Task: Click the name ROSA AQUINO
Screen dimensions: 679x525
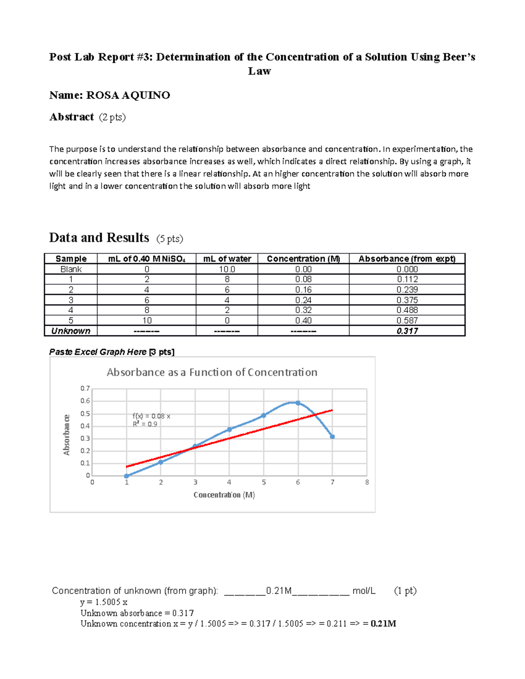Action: (x=128, y=95)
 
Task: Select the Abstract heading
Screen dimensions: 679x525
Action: (x=71, y=117)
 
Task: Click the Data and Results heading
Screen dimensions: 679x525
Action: (x=99, y=238)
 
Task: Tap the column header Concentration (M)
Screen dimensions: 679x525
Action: (x=303, y=259)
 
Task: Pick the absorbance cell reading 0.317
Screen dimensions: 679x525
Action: (x=407, y=331)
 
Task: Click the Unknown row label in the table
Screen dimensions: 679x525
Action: (x=70, y=331)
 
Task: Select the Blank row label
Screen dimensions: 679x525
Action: (x=70, y=269)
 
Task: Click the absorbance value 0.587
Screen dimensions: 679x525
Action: (x=407, y=320)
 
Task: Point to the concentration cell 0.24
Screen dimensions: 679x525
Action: (x=303, y=300)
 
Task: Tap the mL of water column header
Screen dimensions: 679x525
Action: (x=227, y=259)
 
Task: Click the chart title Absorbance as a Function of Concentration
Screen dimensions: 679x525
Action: (x=212, y=373)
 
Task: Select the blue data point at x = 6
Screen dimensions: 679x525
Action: (x=298, y=403)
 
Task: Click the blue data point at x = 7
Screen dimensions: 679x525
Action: (x=332, y=437)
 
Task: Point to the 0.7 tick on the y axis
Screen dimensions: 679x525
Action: (x=85, y=388)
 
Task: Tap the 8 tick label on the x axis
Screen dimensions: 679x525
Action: (x=367, y=482)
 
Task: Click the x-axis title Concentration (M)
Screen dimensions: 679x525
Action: (x=224, y=495)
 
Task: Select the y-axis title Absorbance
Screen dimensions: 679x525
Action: (x=66, y=435)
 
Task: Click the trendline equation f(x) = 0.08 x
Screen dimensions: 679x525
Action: (x=151, y=416)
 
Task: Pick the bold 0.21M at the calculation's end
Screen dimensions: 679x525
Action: (x=383, y=624)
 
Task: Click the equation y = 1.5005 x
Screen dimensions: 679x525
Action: (x=104, y=602)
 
